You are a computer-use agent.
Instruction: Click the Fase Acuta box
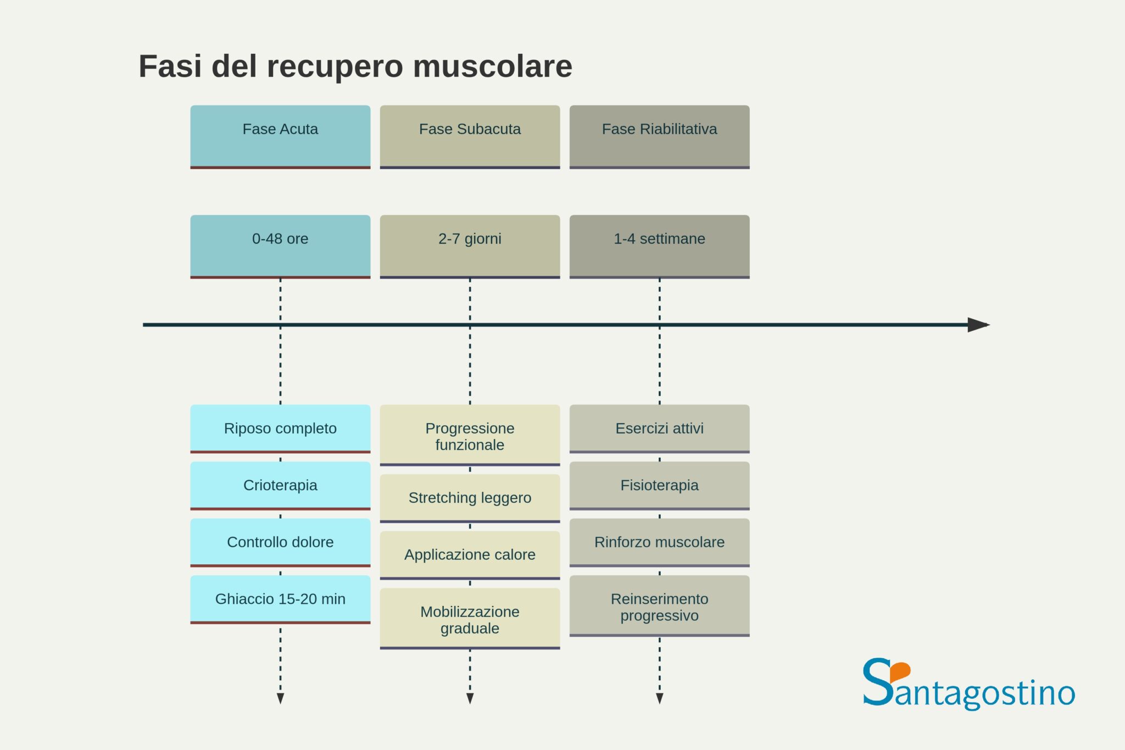click(280, 136)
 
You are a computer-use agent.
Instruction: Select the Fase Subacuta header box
click(470, 136)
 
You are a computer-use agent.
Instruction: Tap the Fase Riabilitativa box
click(659, 136)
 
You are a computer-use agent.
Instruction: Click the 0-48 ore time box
click(280, 246)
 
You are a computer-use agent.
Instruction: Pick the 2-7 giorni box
click(470, 246)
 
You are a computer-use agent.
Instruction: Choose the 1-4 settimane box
click(659, 246)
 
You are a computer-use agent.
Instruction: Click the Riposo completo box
click(280, 429)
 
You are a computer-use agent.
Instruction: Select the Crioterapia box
click(280, 485)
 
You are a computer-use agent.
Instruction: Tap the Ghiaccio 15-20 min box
click(280, 599)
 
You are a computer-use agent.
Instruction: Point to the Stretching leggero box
click(470, 498)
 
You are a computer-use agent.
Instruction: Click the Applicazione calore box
click(470, 554)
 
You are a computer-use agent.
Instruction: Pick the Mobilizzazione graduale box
click(470, 619)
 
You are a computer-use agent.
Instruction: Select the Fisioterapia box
click(659, 485)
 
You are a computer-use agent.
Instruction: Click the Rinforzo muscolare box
click(659, 542)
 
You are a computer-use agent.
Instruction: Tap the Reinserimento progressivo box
click(659, 606)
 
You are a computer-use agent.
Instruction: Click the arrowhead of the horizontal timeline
click(978, 325)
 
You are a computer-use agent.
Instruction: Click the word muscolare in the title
click(492, 66)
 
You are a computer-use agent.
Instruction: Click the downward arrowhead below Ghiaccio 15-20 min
click(280, 698)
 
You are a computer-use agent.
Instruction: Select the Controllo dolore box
click(280, 542)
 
